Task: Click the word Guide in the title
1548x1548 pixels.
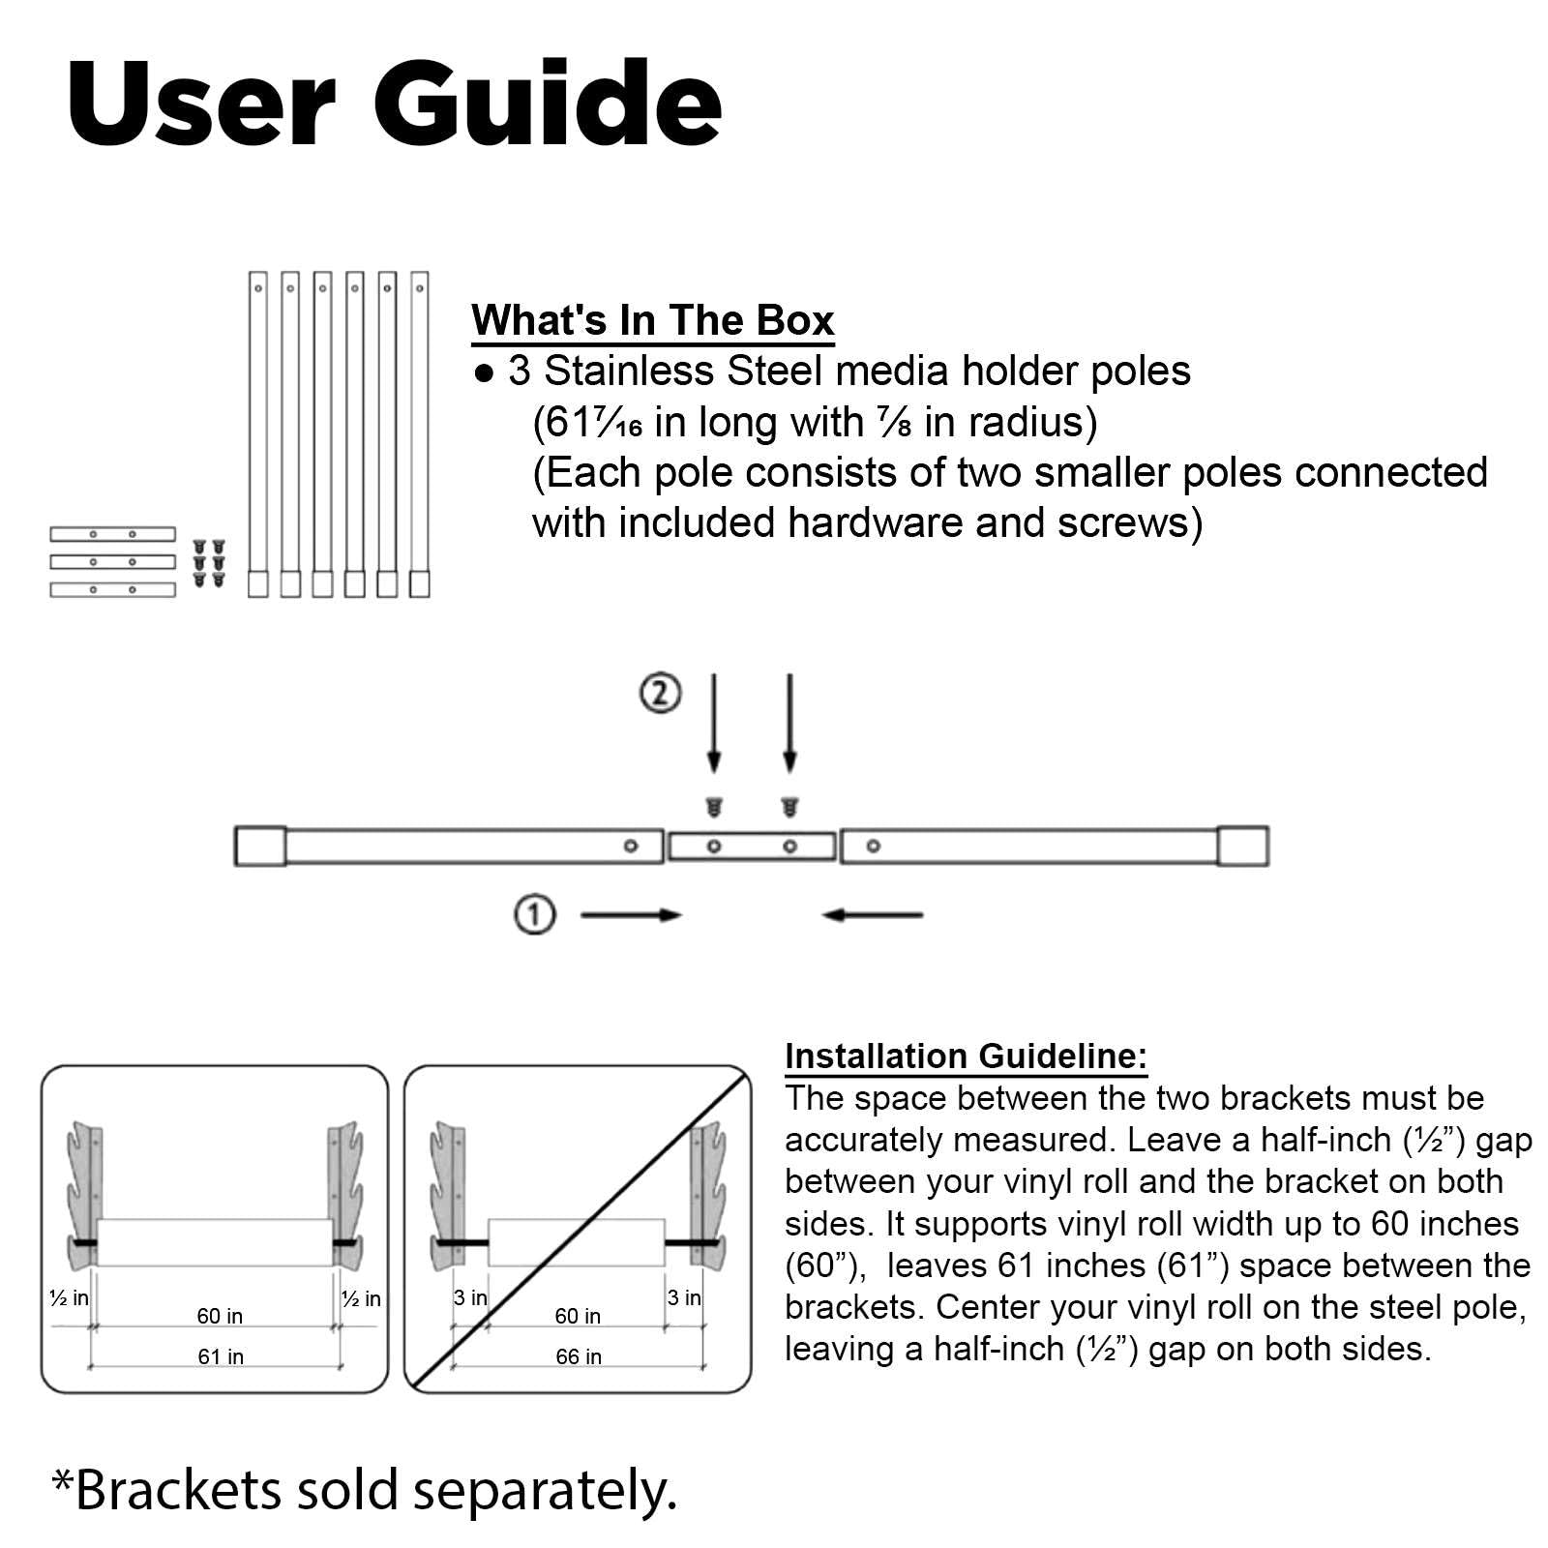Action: click(x=548, y=104)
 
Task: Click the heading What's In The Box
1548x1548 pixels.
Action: click(x=652, y=320)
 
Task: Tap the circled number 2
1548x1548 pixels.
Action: click(x=660, y=694)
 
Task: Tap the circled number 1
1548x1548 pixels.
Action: click(x=534, y=914)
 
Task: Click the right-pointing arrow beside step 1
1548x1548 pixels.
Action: click(x=631, y=914)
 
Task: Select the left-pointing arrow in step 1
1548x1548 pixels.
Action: click(x=872, y=914)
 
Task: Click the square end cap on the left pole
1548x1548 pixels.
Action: click(x=260, y=846)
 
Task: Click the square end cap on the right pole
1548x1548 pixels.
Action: click(x=1242, y=846)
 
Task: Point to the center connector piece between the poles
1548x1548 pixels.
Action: click(x=752, y=847)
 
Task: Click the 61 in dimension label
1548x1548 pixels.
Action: click(x=221, y=1356)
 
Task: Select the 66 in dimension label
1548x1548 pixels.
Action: click(x=579, y=1356)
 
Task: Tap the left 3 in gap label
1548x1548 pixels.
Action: click(x=470, y=1297)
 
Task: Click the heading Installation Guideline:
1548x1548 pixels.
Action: click(x=966, y=1056)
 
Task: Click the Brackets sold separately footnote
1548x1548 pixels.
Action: click(x=364, y=1490)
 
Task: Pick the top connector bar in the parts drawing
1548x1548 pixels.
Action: click(x=112, y=534)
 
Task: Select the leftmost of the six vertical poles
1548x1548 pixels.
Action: click(x=257, y=433)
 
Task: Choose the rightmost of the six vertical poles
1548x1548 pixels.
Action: click(x=419, y=433)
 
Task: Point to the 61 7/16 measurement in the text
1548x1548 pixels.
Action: click(x=589, y=423)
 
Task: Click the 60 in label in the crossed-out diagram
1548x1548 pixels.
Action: click(x=578, y=1316)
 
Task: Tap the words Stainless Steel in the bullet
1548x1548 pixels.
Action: click(x=683, y=372)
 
